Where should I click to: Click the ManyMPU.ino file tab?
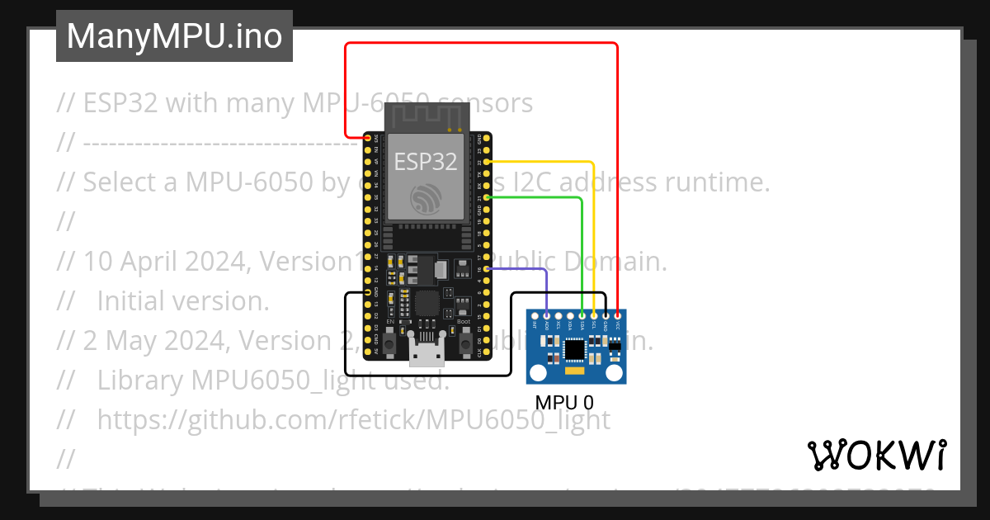click(174, 36)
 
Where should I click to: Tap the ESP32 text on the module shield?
click(425, 162)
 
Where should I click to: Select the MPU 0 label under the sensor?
click(563, 403)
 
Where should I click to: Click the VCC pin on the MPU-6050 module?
click(618, 314)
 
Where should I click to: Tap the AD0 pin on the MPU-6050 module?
click(547, 314)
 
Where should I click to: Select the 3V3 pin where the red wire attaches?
click(367, 139)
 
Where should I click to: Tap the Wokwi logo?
click(876, 455)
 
